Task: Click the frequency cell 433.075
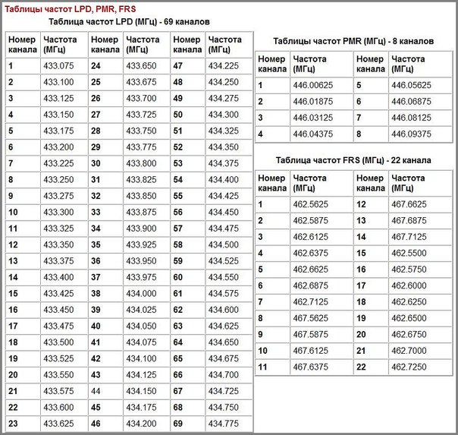coord(58,66)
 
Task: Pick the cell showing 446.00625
coord(312,85)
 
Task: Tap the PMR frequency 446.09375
coord(411,134)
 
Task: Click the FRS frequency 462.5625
coord(310,204)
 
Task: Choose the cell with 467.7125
coord(409,236)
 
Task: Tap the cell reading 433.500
coord(58,342)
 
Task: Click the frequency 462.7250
coord(409,367)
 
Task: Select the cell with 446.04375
coord(312,134)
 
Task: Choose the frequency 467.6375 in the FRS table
coord(310,367)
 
